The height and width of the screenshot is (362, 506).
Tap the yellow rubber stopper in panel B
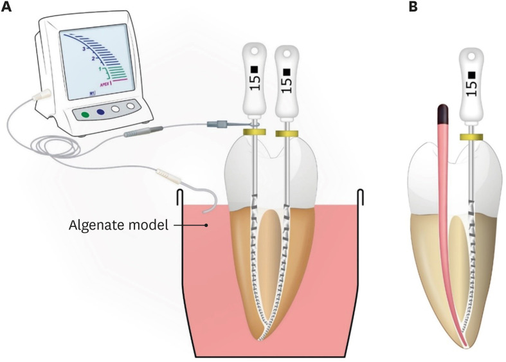point(472,137)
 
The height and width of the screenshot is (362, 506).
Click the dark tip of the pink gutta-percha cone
point(442,113)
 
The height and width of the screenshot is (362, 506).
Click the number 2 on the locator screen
point(94,59)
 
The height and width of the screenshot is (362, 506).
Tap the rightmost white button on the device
point(131,106)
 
